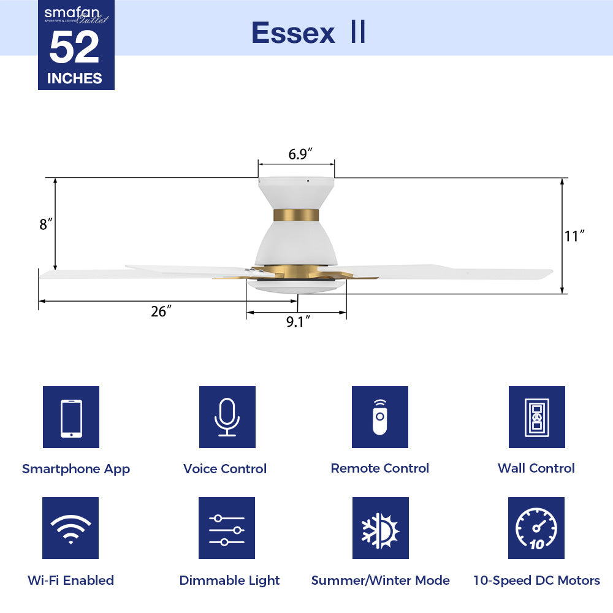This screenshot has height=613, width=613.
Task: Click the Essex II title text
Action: pos(308,33)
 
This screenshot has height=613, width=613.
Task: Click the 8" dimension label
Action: pos(44,224)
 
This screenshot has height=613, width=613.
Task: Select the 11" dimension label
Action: pos(574,236)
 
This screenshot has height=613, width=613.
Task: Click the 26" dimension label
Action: pos(160,311)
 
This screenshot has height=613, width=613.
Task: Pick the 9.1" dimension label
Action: pos(298,322)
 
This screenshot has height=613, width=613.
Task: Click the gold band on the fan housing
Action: pos(296,215)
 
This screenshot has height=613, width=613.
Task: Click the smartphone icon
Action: pos(71,417)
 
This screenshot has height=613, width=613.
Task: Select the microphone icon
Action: pos(227,417)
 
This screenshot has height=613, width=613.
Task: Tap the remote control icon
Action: pos(380,417)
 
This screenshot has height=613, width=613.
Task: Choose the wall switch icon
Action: pos(536,417)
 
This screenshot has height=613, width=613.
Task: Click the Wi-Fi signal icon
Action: pos(71,528)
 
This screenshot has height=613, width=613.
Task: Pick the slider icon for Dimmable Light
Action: pos(227,528)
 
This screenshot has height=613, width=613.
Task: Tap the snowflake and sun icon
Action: pos(380,528)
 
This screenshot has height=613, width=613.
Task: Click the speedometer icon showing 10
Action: pos(536,528)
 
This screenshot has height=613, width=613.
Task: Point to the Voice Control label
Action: pos(225,469)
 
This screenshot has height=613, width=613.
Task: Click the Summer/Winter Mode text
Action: pos(380,581)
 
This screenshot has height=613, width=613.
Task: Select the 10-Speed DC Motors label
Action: pos(536,581)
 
